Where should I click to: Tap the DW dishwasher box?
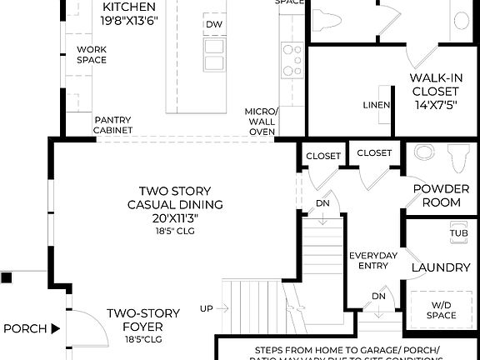point(214,24)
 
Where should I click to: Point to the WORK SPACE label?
point(92,54)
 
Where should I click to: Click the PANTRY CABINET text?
point(112,124)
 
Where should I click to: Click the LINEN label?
point(377,105)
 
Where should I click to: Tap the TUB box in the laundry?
point(458,233)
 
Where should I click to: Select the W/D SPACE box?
point(441,309)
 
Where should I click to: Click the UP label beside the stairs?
point(206,309)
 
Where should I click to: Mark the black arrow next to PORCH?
point(55,328)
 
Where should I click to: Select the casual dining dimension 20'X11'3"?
point(175,218)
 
